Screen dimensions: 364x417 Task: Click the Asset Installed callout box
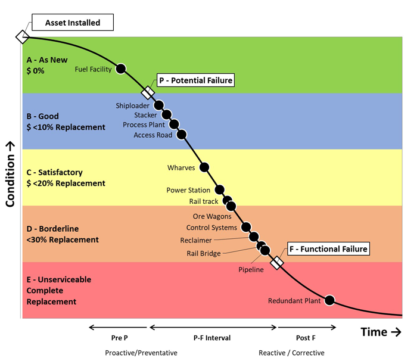[73, 23]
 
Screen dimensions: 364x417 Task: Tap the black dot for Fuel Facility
[121, 69]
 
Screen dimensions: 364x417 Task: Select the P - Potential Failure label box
[195, 80]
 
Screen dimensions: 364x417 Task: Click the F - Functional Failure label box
[328, 248]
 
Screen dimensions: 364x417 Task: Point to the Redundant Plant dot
[329, 300]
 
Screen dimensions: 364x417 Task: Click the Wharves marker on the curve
[204, 167]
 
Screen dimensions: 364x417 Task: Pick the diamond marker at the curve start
[22, 37]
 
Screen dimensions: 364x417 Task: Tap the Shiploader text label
[132, 105]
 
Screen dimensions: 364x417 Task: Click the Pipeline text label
[251, 270]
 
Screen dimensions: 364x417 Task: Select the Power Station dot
[219, 190]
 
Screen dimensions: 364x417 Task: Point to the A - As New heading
[48, 60]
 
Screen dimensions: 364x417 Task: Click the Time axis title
[381, 332]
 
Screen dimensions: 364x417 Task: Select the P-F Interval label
[212, 338]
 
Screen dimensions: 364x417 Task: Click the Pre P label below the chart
[120, 338]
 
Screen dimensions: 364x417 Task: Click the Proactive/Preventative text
[141, 353]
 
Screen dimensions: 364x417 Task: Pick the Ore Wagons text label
[212, 216]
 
